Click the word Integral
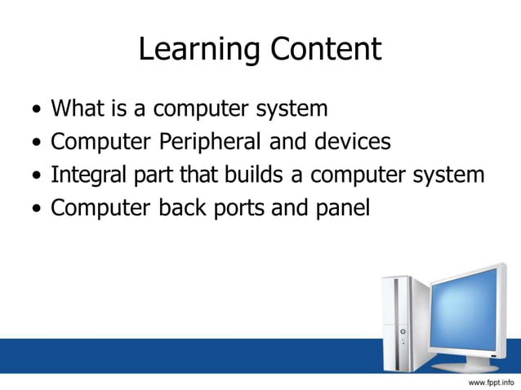coord(89,175)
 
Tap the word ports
coord(238,210)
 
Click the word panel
coord(340,209)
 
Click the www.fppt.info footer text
coord(491,381)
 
